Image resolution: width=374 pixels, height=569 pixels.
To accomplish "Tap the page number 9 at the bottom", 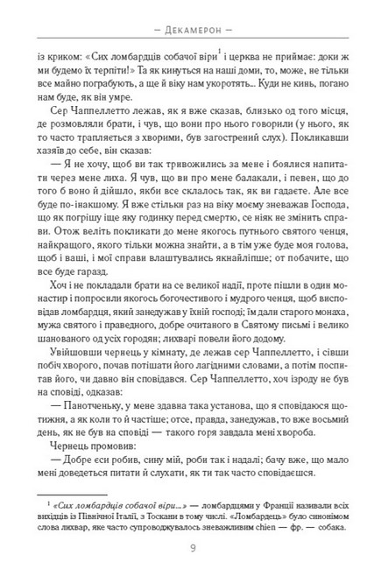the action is [x=187, y=548].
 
